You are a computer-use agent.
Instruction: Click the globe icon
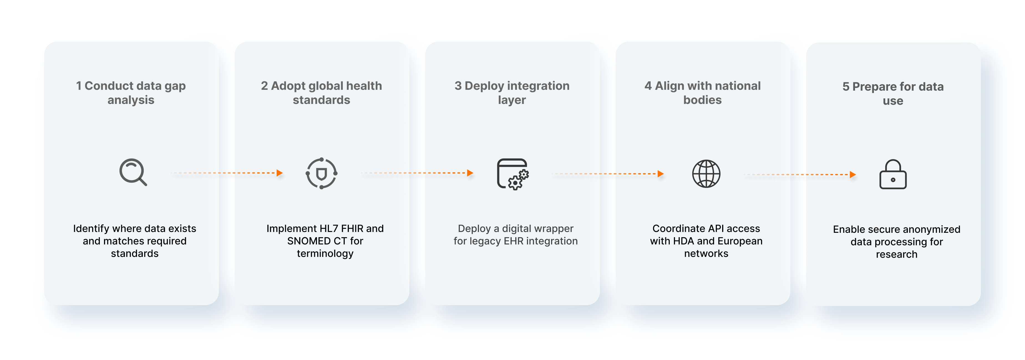pos(706,174)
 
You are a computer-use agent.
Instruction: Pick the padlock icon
pos(893,174)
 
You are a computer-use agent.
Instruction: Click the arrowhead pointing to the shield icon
pos(280,173)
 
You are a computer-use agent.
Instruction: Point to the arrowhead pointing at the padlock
pos(853,175)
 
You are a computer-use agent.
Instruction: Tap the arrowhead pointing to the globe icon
pos(661,174)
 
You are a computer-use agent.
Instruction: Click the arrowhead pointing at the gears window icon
pos(470,173)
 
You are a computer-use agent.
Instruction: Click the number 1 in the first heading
pos(79,86)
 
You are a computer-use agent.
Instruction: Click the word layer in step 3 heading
pos(512,100)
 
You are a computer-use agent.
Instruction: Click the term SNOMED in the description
pos(306,241)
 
